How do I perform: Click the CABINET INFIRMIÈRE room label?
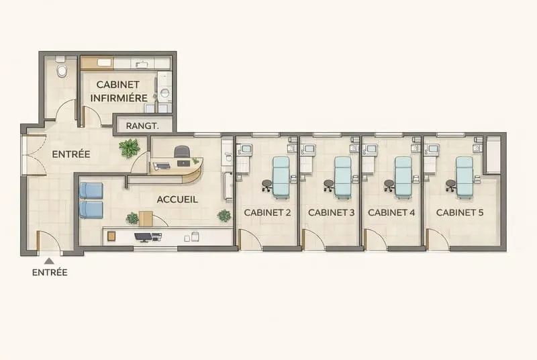click(x=119, y=91)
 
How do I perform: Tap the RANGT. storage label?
click(x=142, y=126)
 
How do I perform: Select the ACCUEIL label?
click(x=177, y=199)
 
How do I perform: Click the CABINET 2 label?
click(x=267, y=213)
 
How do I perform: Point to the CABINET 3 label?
click(x=331, y=213)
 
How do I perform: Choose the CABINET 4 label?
click(x=391, y=213)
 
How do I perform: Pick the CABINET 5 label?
click(x=460, y=213)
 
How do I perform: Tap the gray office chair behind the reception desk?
click(x=182, y=152)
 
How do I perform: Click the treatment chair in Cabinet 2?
click(x=281, y=177)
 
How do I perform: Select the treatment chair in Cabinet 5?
click(x=465, y=177)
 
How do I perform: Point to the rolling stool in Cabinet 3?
click(x=329, y=185)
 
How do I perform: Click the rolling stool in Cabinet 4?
click(x=389, y=185)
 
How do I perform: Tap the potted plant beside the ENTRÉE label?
click(x=130, y=148)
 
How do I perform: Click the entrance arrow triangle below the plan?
click(x=49, y=261)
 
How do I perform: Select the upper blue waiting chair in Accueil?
click(x=91, y=191)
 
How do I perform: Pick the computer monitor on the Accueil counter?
click(x=144, y=237)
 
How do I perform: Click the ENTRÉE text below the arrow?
click(x=50, y=273)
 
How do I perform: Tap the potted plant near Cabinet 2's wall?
click(x=224, y=216)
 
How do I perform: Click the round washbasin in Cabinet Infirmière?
click(x=165, y=92)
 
